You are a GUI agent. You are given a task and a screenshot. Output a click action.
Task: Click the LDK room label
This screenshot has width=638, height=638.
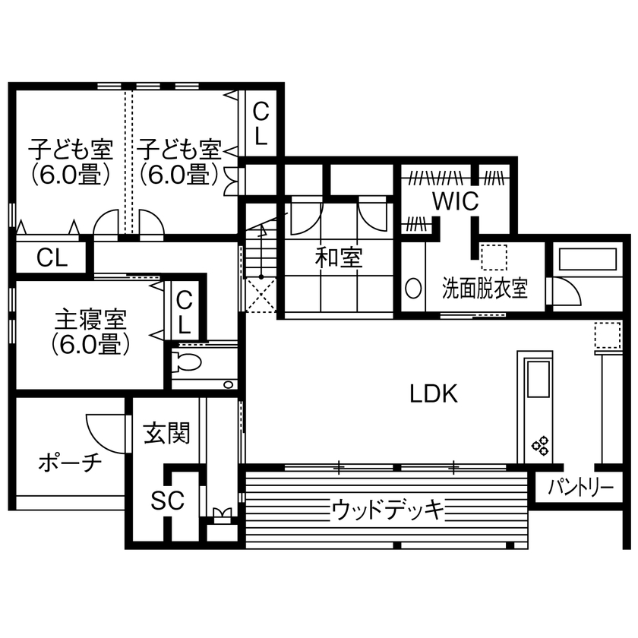pyautogui.click(x=433, y=393)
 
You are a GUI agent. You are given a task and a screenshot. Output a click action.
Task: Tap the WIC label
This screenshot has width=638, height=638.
pyautogui.click(x=456, y=201)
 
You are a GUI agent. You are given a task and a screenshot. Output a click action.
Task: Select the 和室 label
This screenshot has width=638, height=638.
pyautogui.click(x=340, y=257)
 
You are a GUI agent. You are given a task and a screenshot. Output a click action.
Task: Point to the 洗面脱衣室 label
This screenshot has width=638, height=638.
pyautogui.click(x=485, y=289)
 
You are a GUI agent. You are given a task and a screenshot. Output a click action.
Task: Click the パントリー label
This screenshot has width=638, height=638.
pyautogui.click(x=581, y=488)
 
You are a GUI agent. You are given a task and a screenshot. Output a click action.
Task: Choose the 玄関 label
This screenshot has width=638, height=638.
pyautogui.click(x=166, y=434)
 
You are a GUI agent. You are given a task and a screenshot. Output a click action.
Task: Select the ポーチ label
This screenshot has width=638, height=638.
pyautogui.click(x=69, y=463)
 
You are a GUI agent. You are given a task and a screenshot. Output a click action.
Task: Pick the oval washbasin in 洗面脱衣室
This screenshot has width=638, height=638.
pyautogui.click(x=414, y=289)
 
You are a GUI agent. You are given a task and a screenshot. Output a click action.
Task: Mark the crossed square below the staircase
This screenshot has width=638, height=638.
pyautogui.click(x=260, y=294)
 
